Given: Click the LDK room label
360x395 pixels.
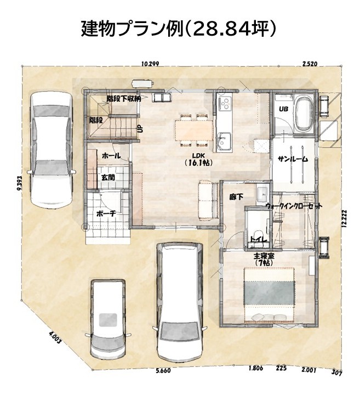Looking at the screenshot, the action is tap(198, 159).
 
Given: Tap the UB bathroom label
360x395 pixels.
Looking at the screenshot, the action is tap(283, 109).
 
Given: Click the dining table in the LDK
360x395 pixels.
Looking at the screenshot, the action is tap(195, 131).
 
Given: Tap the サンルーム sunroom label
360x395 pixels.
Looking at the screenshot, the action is tap(293, 159).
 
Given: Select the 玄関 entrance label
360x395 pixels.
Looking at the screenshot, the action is tap(108, 177).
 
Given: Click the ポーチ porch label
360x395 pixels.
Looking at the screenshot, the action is tap(106, 213).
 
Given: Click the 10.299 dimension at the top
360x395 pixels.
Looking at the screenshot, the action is tap(150, 64).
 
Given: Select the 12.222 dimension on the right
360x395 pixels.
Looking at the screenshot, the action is tap(344, 218).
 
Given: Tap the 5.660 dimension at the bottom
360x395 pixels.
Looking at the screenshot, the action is tap(163, 370).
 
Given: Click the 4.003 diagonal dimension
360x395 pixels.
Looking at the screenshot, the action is tap(55, 338).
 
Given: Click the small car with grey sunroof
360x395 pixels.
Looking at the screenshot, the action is tap(108, 319).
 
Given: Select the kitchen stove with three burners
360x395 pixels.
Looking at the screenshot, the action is tap(225, 103).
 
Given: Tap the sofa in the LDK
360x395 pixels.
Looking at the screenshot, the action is tap(208, 199).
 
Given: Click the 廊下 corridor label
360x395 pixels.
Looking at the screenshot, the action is tap(236, 197).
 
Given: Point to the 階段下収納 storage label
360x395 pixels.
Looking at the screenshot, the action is tap(124, 99).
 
